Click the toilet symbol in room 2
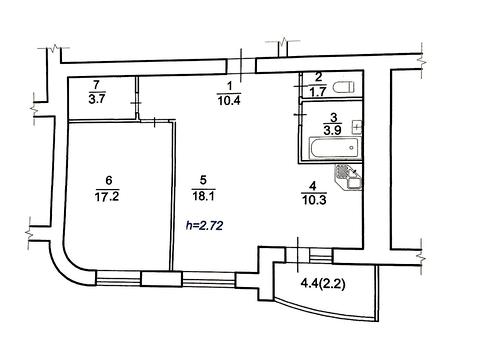pos(343,87)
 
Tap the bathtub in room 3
pos(335,147)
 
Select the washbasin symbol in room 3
pos(357,127)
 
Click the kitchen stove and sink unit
pos(349,178)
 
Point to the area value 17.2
pos(107,197)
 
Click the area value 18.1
pos(203,196)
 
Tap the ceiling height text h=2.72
pos(204,226)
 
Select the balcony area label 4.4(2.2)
pos(323,284)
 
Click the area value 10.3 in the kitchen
pos(314,200)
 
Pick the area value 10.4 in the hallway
pos(229,100)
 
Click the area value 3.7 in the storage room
pos(97,99)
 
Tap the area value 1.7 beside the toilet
pos(318,92)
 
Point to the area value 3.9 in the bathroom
pos(332,130)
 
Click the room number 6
pos(108,180)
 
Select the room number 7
pos(97,84)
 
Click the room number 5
pos(203,180)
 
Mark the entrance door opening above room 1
pos(241,65)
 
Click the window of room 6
pos(119,278)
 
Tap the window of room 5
pos(209,279)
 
